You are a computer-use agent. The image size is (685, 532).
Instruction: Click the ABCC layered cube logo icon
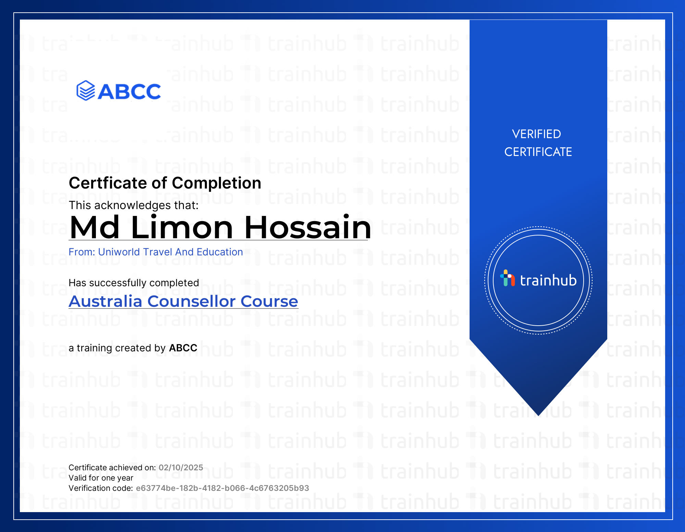coord(86,90)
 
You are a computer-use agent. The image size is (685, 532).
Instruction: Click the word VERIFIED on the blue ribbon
coord(536,134)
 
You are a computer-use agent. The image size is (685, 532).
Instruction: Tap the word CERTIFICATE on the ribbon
coord(538,152)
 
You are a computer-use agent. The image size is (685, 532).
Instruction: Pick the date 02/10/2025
coord(181,468)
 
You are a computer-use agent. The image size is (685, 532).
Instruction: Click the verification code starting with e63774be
coord(223,488)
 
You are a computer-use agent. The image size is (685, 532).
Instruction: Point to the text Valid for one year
coord(101,478)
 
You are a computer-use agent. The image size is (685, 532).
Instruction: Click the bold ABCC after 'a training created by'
coord(183,348)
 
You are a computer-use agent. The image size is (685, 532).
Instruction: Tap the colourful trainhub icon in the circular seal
coord(508,278)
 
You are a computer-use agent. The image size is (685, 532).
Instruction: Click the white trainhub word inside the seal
coord(548,280)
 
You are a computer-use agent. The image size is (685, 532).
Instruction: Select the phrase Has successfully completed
coord(134,283)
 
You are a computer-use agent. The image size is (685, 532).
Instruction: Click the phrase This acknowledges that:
coord(134,205)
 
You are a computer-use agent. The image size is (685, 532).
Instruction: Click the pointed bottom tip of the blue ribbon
coord(538,415)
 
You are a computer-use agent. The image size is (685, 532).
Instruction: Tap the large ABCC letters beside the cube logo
coord(129,92)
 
